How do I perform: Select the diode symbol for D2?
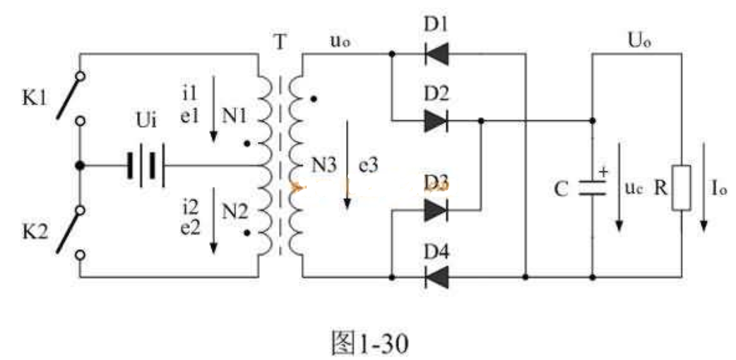[436, 121]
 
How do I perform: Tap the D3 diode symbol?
[436, 210]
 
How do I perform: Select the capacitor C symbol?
[592, 187]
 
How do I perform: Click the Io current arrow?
[704, 205]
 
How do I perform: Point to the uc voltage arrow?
[619, 187]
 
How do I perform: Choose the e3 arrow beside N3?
[348, 166]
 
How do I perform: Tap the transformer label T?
[280, 42]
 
